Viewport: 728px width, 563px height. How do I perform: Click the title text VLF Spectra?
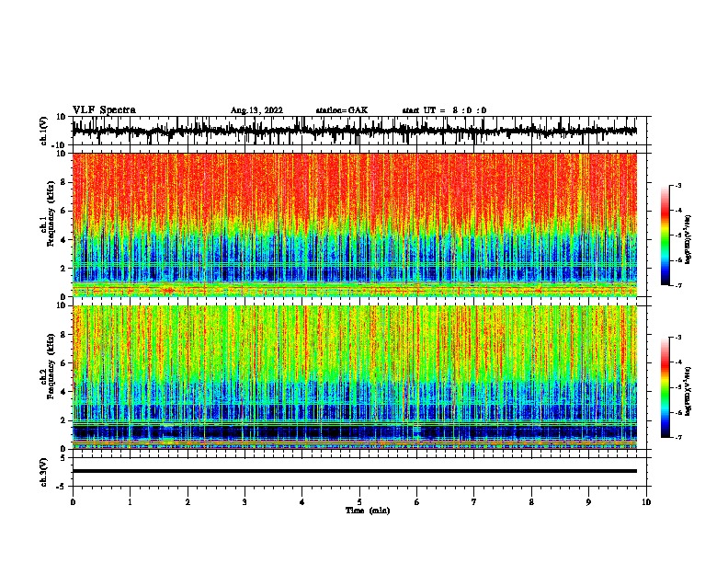(x=104, y=109)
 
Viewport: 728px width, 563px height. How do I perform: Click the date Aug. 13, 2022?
(x=256, y=110)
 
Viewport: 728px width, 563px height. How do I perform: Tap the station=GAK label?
(x=341, y=110)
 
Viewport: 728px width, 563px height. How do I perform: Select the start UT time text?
(x=444, y=110)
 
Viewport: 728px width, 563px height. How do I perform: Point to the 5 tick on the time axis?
(x=359, y=502)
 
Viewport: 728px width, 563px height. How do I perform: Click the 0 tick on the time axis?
(x=73, y=502)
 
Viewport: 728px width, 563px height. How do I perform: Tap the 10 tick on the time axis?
(x=647, y=502)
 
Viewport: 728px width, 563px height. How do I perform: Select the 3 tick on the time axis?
(x=245, y=502)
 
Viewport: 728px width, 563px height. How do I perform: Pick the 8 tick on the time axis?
(x=532, y=502)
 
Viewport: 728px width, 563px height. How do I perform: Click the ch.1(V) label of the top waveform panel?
(x=43, y=131)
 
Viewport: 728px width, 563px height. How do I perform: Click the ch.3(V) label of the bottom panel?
(x=43, y=471)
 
